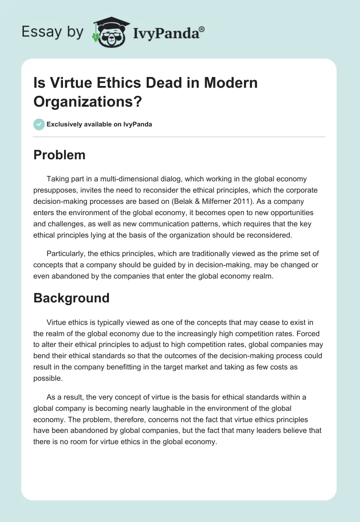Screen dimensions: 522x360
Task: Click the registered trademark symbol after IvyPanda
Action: [x=202, y=29]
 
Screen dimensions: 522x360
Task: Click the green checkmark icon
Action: [x=39, y=124]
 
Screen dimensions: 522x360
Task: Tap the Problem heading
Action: [x=59, y=155]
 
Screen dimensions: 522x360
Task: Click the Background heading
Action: [x=71, y=298]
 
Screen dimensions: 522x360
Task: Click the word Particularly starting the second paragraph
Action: [x=65, y=254]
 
